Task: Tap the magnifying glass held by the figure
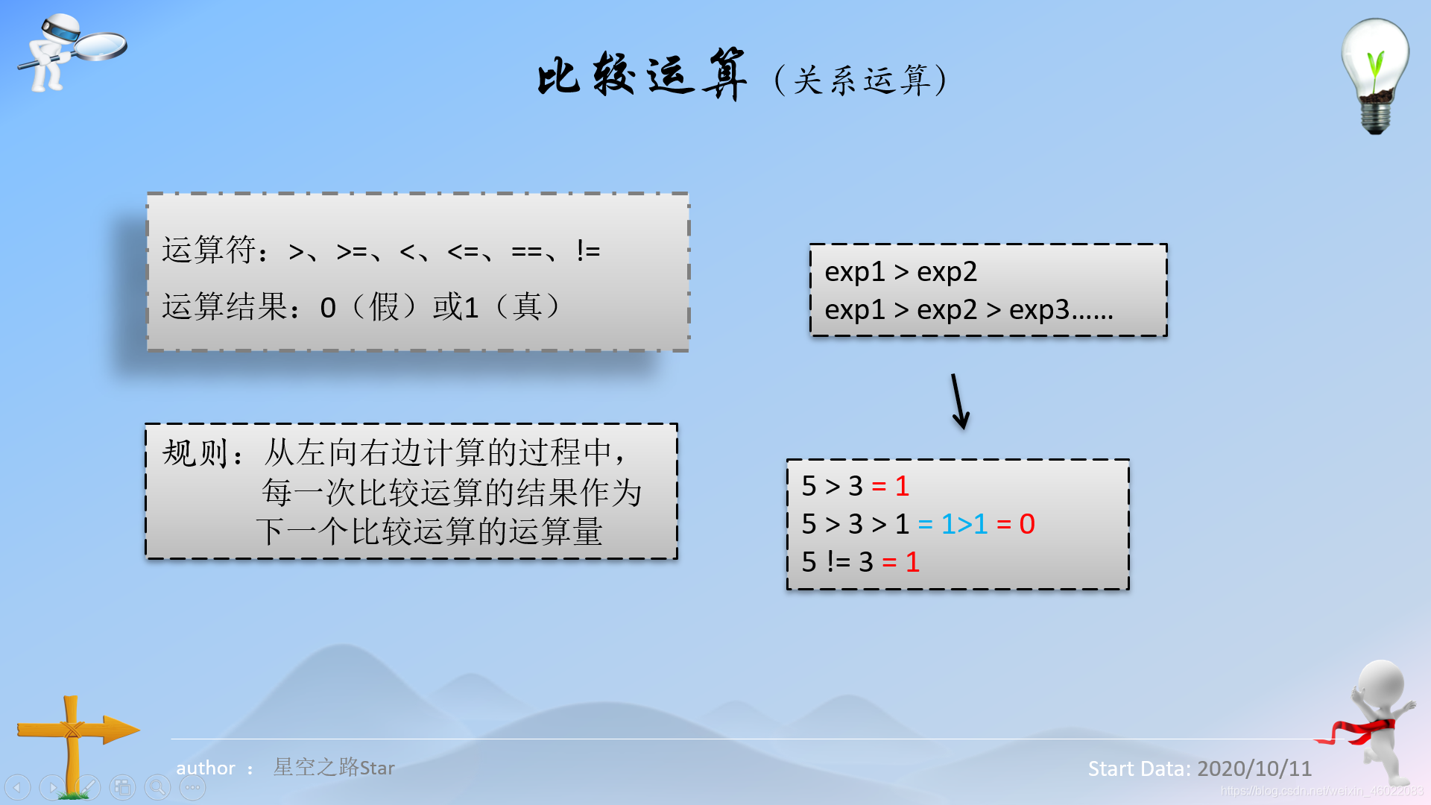pyautogui.click(x=101, y=45)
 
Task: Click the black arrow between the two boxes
pyautogui.click(x=959, y=402)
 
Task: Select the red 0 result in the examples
pyautogui.click(x=1027, y=524)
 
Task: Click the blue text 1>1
pyautogui.click(x=964, y=524)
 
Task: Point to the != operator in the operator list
pyautogui.click(x=588, y=250)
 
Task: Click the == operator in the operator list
pyautogui.click(x=526, y=252)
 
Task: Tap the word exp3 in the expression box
pyautogui.click(x=1039, y=309)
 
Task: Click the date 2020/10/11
pyautogui.click(x=1254, y=768)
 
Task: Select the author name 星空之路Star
pyautogui.click(x=334, y=767)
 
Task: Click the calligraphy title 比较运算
pyautogui.click(x=642, y=75)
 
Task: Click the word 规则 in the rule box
pyautogui.click(x=195, y=452)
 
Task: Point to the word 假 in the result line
pyautogui.click(x=385, y=306)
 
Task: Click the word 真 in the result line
pyautogui.click(x=527, y=306)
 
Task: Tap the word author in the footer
pyautogui.click(x=205, y=768)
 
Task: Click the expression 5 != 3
pyautogui.click(x=837, y=562)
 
